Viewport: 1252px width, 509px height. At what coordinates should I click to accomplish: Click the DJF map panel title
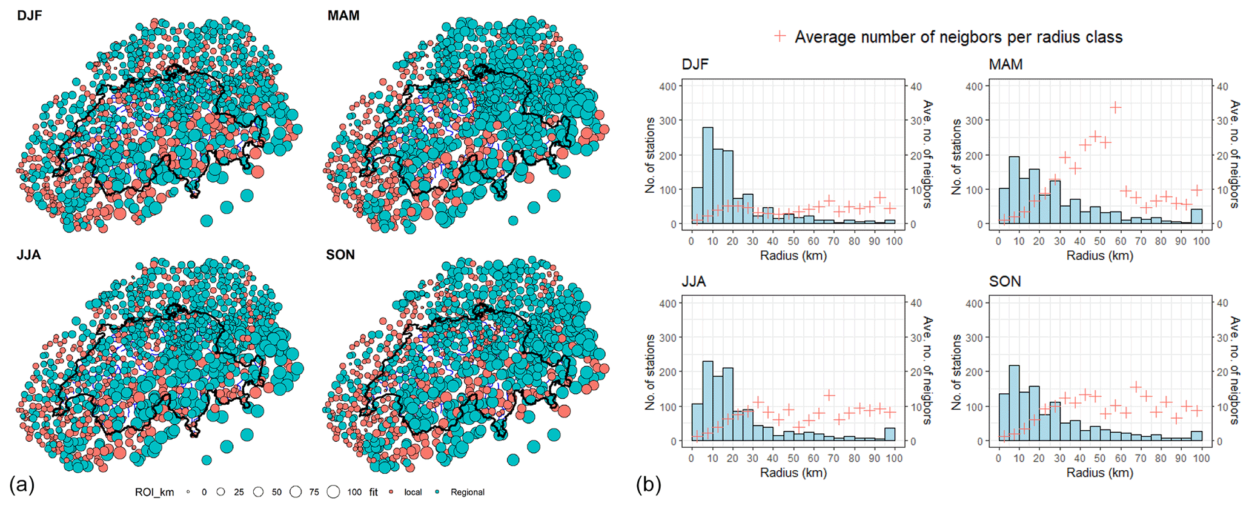[x=30, y=15]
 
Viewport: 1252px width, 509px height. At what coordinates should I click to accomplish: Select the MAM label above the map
[x=343, y=15]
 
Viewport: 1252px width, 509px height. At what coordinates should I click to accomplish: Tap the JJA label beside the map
[x=28, y=254]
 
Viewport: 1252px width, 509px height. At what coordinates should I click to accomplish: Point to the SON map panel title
[x=340, y=254]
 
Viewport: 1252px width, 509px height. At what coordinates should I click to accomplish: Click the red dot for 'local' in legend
[x=391, y=492]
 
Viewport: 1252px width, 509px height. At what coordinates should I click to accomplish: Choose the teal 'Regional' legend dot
[x=437, y=492]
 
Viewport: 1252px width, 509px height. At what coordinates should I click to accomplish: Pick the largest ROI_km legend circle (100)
[x=333, y=492]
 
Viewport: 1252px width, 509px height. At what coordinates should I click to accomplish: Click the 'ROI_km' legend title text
[x=153, y=492]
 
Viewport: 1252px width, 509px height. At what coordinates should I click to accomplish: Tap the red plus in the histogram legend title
[x=780, y=36]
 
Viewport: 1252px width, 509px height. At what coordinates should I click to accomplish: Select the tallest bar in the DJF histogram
[x=707, y=176]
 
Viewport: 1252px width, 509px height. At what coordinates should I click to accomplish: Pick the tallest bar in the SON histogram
[x=1014, y=403]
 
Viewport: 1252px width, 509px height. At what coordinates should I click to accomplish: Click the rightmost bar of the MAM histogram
[x=1196, y=216]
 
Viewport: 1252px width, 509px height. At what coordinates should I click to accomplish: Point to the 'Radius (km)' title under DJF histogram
[x=793, y=256]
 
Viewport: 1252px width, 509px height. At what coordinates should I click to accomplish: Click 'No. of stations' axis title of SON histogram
[x=956, y=372]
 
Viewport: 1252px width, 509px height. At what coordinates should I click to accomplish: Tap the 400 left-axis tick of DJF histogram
[x=667, y=86]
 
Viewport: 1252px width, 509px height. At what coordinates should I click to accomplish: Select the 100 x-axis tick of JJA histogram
[x=894, y=459]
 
